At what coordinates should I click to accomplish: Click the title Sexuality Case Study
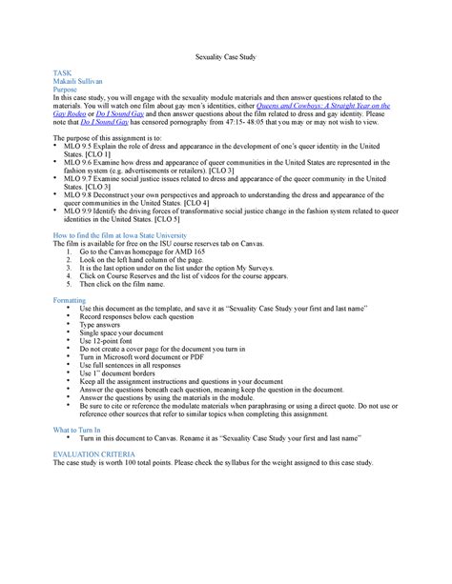(x=225, y=58)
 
